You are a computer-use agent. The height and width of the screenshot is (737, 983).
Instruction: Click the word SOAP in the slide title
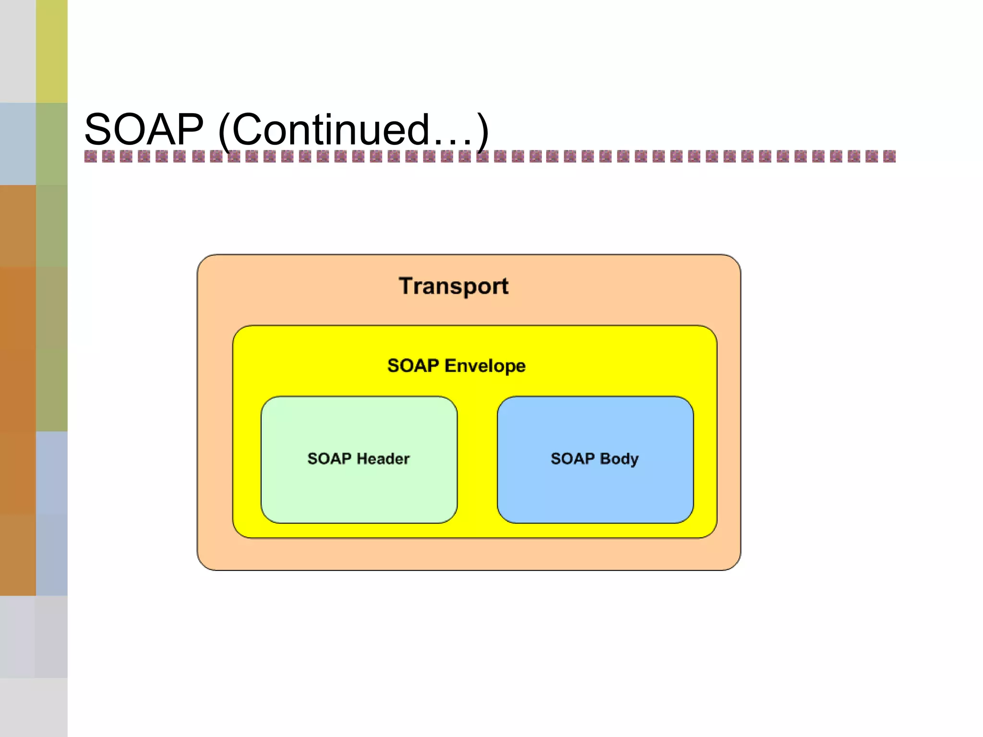coord(144,129)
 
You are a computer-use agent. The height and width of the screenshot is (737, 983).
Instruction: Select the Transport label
coord(453,286)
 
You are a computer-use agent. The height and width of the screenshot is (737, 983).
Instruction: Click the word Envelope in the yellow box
coord(485,366)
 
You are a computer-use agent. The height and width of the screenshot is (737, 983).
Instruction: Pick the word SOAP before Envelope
coord(413,366)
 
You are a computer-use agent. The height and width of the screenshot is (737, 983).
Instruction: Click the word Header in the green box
coord(383,459)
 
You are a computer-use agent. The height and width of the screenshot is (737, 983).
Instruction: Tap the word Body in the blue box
coord(619,459)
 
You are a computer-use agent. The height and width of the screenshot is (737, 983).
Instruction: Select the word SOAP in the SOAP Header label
coord(329,459)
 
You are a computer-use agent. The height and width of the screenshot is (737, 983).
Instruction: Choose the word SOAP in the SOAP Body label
coord(572,459)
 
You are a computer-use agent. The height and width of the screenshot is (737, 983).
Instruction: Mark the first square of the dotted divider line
coord(90,156)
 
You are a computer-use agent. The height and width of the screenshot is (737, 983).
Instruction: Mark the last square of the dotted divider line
coord(889,156)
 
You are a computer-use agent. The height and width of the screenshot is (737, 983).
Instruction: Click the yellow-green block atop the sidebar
coord(52,51)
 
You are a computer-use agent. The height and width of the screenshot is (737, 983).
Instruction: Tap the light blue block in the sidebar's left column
coord(18,143)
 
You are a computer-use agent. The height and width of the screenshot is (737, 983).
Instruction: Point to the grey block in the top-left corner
coord(18,51)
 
